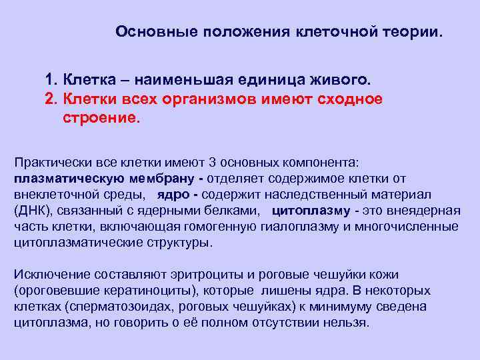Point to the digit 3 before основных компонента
pyautogui.click(x=212, y=163)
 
